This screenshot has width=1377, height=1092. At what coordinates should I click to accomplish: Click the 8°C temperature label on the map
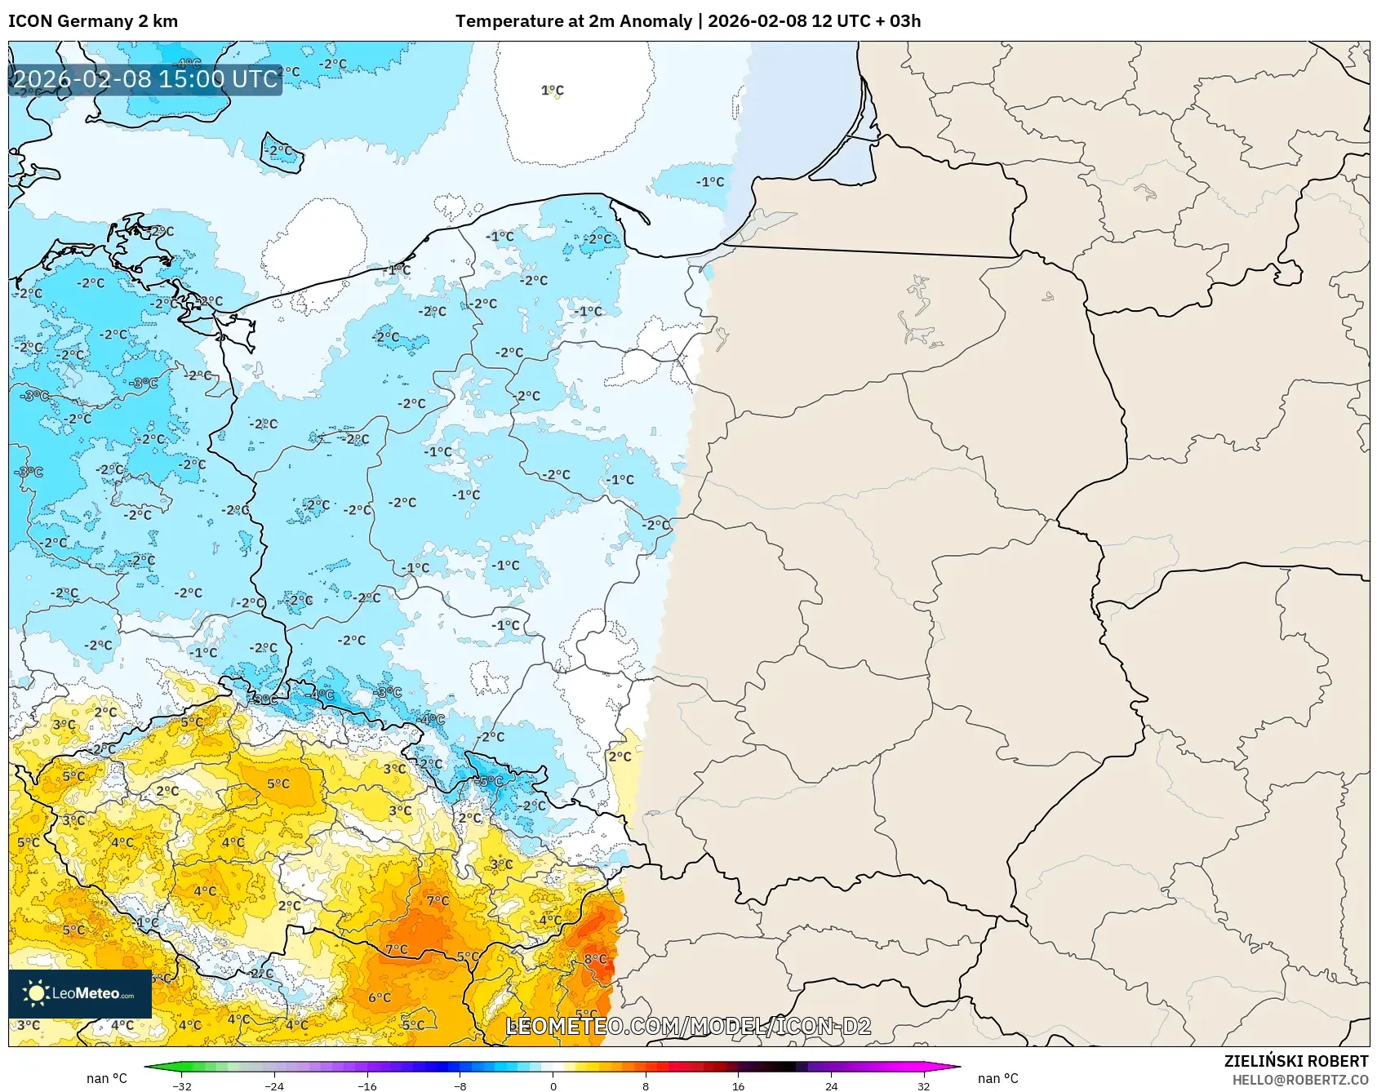click(595, 959)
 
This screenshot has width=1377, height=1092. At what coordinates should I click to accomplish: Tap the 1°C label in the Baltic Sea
click(553, 91)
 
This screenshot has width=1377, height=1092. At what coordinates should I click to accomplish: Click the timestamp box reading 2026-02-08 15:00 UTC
click(145, 79)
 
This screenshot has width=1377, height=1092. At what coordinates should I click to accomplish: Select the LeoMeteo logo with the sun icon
click(80, 993)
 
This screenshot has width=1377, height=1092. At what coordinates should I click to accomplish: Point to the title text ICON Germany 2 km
click(93, 21)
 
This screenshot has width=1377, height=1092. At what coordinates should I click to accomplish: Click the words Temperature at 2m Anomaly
click(574, 21)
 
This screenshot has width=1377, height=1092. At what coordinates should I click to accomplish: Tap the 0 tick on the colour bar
click(553, 1085)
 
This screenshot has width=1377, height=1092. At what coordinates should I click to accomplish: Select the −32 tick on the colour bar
click(182, 1085)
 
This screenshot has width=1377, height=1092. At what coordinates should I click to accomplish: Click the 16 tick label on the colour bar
click(738, 1085)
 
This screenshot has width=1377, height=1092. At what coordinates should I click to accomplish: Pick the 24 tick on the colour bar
click(831, 1085)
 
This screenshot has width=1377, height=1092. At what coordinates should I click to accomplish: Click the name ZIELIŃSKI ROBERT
click(1295, 1061)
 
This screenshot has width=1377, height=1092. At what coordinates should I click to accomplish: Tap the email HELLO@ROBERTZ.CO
click(1299, 1080)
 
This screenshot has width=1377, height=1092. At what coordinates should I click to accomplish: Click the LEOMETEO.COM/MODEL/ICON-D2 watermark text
click(688, 1027)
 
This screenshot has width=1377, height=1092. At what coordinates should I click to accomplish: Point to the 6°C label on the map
click(380, 997)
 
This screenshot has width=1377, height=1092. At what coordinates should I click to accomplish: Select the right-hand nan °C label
click(997, 1078)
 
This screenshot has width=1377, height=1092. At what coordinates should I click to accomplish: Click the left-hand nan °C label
click(107, 1078)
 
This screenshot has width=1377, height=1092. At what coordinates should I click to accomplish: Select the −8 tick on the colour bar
click(460, 1085)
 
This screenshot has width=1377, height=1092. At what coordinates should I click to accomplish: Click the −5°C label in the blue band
click(491, 781)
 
